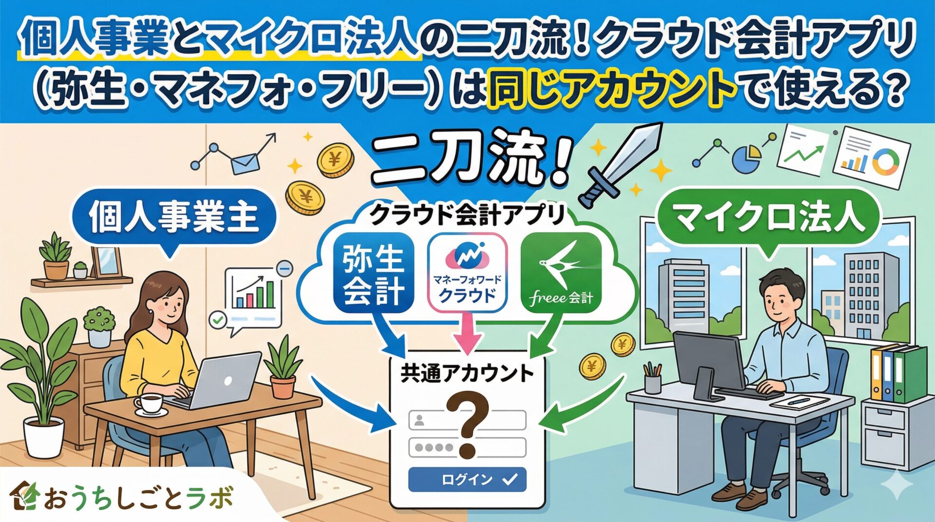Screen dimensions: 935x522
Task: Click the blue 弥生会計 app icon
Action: point(374,272)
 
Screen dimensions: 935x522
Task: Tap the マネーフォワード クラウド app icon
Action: point(467,272)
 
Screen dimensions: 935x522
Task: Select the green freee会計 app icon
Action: point(561,272)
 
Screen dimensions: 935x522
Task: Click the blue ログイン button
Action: point(467,479)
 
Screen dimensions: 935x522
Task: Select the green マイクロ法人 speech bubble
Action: point(769,219)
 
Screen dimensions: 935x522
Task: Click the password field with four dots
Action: point(467,447)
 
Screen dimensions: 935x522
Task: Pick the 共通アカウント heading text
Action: point(467,374)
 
